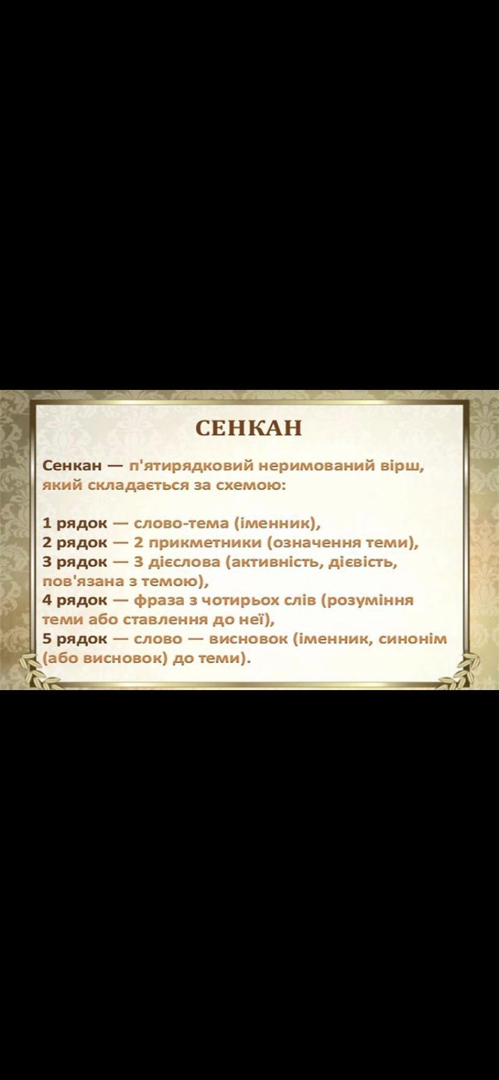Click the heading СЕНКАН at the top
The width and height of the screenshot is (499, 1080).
249,427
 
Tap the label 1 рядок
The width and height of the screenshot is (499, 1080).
75,523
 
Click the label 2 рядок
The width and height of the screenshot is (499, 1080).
75,542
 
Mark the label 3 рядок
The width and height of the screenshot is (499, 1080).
75,562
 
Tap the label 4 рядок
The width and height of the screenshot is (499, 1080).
75,600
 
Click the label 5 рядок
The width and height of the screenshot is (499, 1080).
75,639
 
